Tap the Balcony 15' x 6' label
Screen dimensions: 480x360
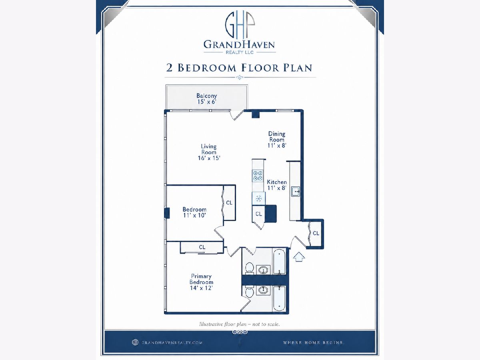207,98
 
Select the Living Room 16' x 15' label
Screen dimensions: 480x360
209,152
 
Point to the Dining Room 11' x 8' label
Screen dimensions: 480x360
277,140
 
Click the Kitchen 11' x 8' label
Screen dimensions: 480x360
277,185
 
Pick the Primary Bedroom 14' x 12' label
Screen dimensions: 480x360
201,282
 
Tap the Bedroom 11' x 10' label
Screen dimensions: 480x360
194,212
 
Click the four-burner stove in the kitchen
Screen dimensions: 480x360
258,176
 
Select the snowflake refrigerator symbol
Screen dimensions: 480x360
259,199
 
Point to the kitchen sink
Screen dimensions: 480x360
295,192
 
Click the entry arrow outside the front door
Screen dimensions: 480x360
299,256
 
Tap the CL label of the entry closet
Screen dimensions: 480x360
316,233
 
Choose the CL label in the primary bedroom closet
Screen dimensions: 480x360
202,247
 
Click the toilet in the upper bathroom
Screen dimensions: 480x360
249,268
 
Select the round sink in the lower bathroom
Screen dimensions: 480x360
263,290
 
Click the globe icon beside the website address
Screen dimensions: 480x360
135,342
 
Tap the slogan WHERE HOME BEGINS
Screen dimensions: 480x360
314,342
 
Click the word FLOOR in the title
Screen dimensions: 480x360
260,68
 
